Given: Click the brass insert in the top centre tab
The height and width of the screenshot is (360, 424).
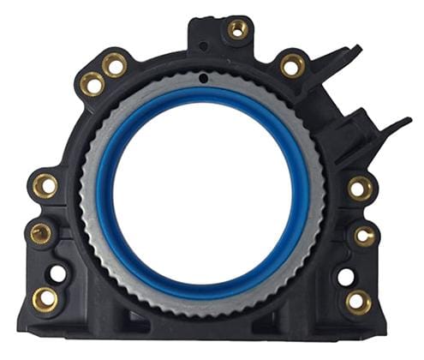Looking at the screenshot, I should [237, 30].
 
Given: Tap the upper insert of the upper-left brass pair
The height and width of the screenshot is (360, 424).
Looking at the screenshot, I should [114, 63].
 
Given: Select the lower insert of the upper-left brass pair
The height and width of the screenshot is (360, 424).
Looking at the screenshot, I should [92, 83].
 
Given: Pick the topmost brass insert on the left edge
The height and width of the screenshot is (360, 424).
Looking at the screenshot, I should [45, 184].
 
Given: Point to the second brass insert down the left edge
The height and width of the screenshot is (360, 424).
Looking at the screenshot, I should [40, 232].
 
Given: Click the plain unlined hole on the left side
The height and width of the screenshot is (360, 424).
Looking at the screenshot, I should [57, 274].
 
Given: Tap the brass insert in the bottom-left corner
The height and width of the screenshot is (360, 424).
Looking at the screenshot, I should [45, 298].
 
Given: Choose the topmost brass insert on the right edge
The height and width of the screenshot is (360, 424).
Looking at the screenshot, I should [361, 188].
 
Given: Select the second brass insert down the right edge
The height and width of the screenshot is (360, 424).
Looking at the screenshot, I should [366, 236].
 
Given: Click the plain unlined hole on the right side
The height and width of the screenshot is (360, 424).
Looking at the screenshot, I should [346, 277].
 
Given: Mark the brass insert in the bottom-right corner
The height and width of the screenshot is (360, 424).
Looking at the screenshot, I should [359, 301].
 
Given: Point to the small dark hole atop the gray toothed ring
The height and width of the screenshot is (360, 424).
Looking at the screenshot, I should [202, 80].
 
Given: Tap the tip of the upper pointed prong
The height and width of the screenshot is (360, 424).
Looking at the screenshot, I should [359, 48].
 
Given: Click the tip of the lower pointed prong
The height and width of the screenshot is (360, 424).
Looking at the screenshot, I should [409, 122].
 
